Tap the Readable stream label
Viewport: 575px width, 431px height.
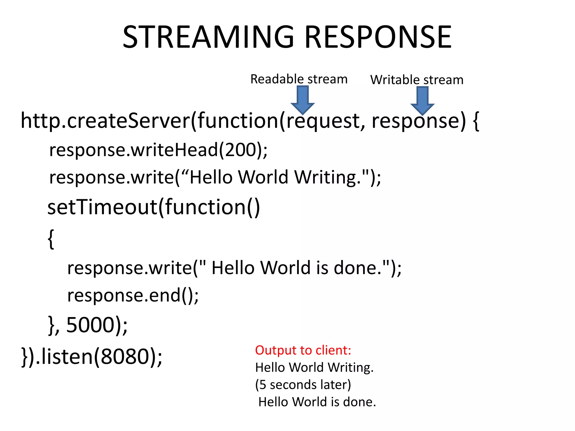click(299, 79)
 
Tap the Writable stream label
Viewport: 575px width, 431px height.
click(417, 80)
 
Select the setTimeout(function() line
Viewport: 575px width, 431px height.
click(154, 207)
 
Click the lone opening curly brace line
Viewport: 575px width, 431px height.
click(51, 239)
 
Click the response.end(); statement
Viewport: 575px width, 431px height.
click(133, 295)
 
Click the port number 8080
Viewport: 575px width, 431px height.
click(125, 356)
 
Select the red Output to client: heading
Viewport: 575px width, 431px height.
click(303, 350)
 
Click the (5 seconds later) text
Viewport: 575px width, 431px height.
click(303, 385)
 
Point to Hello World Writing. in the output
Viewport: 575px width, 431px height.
click(314, 368)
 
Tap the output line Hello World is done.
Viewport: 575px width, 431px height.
click(317, 402)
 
